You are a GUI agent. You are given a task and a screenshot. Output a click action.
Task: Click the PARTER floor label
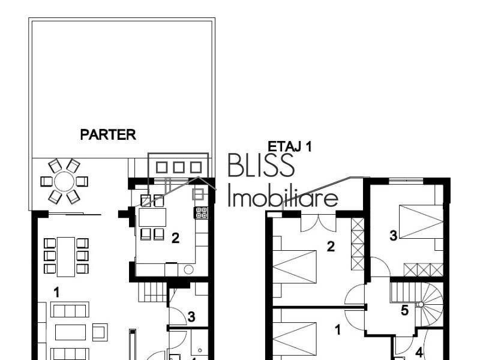click(108, 135)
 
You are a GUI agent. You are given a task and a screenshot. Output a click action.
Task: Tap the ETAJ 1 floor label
click(289, 146)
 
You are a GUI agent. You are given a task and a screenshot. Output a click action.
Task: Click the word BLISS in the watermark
click(261, 165)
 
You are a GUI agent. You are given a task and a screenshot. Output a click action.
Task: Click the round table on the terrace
click(64, 181)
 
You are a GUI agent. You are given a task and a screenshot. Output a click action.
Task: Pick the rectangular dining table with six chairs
click(66, 256)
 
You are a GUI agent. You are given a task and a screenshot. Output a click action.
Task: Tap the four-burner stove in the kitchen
click(201, 212)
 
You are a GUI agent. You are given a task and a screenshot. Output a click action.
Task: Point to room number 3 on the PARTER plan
click(191, 317)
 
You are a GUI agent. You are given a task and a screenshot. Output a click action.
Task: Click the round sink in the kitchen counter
click(188, 270)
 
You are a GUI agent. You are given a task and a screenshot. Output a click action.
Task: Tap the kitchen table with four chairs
click(152, 217)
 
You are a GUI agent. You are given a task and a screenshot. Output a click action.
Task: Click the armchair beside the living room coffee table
click(100, 331)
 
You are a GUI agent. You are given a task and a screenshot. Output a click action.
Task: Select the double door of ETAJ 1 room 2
click(319, 223)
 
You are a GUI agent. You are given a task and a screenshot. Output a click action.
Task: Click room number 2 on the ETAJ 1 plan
click(330, 246)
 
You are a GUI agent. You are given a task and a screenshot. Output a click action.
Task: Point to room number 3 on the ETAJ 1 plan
click(393, 236)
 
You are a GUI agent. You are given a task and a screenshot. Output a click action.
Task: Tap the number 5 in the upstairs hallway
click(404, 311)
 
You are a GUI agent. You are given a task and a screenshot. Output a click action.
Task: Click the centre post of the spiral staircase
click(421, 305)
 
